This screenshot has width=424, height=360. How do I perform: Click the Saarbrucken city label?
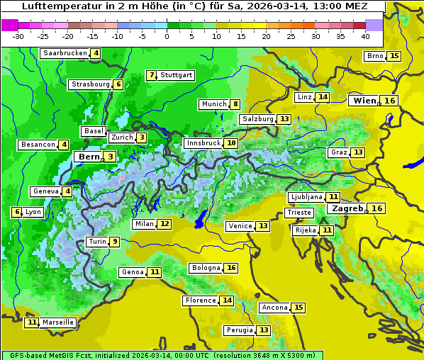tap(65, 53)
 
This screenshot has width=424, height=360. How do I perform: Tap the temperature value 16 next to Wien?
tap(390, 101)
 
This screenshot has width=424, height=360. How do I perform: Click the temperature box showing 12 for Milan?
tap(164, 224)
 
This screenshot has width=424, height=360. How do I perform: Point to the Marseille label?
tap(58, 322)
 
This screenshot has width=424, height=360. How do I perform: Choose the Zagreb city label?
tap(347, 208)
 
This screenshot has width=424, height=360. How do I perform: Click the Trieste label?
tap(299, 213)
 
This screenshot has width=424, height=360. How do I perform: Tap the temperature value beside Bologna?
tap(231, 268)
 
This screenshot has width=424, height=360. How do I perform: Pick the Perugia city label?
tap(238, 330)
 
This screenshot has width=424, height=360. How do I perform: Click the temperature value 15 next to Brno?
tap(394, 56)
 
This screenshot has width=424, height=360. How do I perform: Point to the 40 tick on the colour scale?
tap(365, 36)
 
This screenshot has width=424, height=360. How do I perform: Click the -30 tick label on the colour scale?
tap(18, 36)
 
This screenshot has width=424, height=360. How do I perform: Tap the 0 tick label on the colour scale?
tap(167, 36)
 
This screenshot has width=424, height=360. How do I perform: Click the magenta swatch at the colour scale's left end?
tap(9, 25)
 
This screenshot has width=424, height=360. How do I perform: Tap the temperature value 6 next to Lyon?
tap(16, 212)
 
